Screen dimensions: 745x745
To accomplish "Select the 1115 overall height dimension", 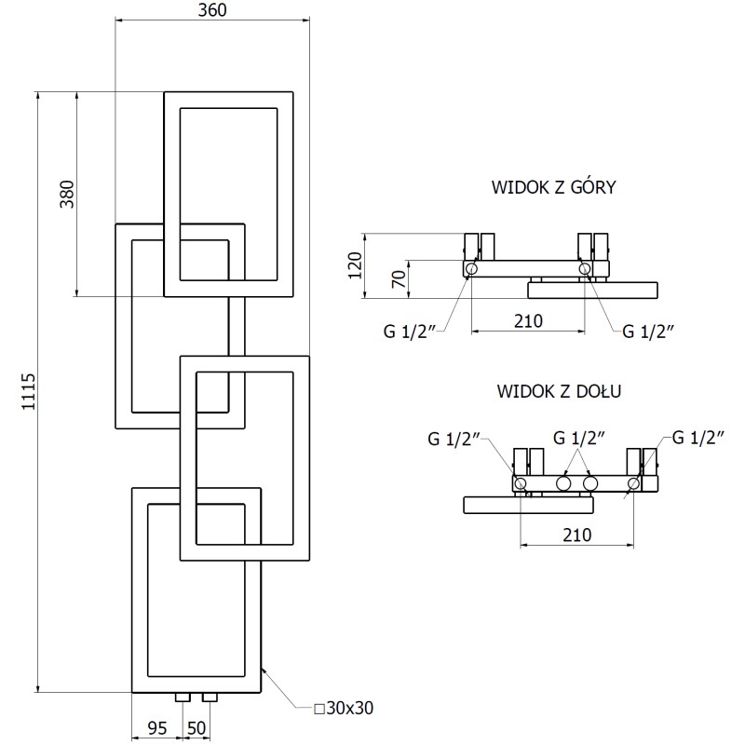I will point(27,391).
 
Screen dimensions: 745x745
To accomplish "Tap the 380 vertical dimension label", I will point(66,193).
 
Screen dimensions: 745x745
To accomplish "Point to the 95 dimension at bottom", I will point(156,727).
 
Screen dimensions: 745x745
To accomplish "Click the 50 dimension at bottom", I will point(196,727).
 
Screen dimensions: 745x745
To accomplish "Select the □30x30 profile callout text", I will point(344,709).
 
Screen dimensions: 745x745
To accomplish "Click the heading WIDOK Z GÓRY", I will point(553,187).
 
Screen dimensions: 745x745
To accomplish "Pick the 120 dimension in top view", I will point(353,264).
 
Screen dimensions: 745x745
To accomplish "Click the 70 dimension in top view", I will point(398,279).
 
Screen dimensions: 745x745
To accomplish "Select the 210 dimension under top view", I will point(528,321).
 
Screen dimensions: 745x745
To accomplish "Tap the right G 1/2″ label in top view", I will point(647,331).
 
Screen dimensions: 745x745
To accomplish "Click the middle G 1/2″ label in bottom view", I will point(578,437).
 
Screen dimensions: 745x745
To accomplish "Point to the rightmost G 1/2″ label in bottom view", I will point(698,437).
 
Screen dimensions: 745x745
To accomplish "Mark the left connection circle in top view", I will point(471,270).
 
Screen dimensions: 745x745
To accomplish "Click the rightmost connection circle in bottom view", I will point(633,483).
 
